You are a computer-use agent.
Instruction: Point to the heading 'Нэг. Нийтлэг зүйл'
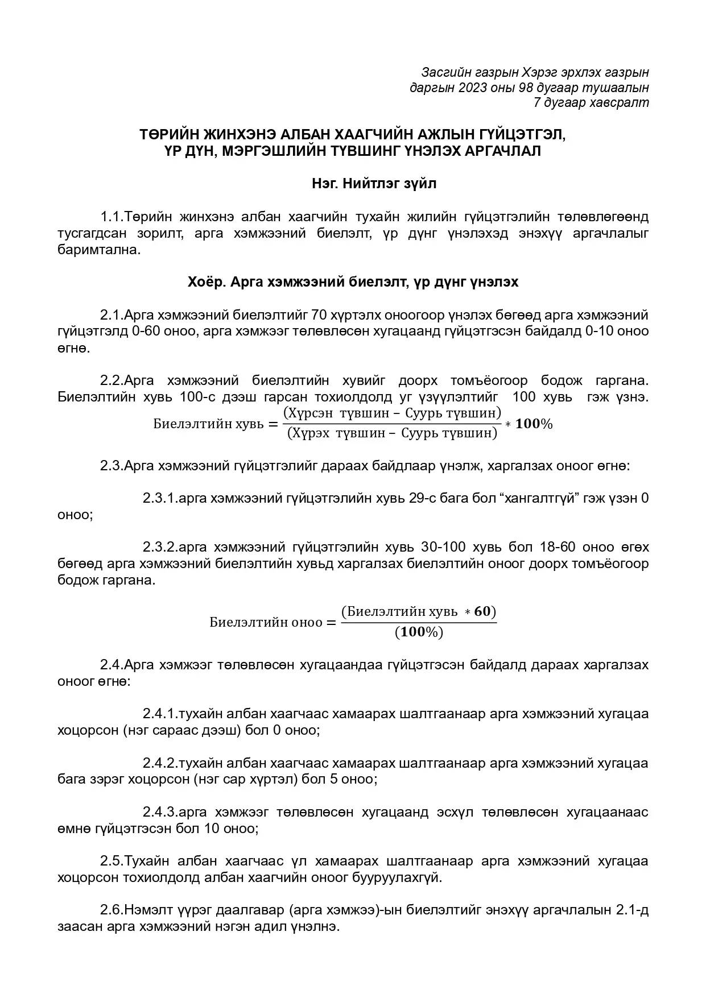[x=374, y=184]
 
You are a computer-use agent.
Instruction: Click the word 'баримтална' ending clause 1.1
[x=98, y=250]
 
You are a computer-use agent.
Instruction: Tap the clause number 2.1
[x=112, y=315]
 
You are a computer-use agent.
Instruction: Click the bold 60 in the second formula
[x=481, y=611]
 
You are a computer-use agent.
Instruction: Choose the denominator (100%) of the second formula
[x=419, y=632]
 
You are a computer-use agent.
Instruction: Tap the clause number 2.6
[x=112, y=910]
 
